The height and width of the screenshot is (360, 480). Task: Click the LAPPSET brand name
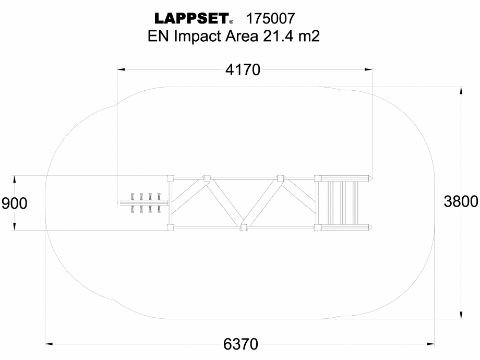[191, 19]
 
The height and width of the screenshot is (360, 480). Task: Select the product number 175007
[271, 19]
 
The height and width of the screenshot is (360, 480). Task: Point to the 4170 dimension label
[243, 70]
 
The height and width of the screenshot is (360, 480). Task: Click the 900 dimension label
[15, 203]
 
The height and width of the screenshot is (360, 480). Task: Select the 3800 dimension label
[461, 201]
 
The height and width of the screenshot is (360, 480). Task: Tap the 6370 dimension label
[241, 344]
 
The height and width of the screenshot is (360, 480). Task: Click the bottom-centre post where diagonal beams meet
[243, 227]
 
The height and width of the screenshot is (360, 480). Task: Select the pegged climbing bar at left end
[143, 203]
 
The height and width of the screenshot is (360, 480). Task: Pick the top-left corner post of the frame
[170, 178]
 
